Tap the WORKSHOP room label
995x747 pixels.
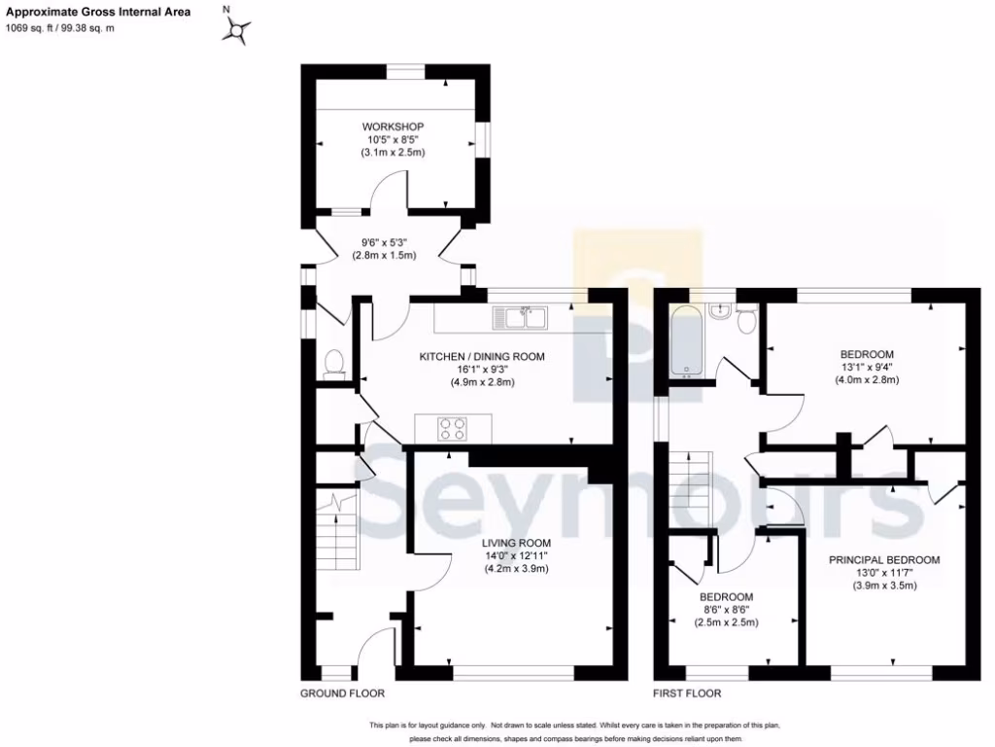click(x=393, y=126)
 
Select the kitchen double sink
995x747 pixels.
click(x=521, y=317)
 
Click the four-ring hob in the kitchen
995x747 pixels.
click(x=453, y=428)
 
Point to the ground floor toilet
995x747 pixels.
click(x=333, y=362)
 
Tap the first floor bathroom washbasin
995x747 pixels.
click(x=720, y=310)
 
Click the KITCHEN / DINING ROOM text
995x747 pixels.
click(x=482, y=357)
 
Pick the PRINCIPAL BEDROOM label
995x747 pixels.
click(x=884, y=560)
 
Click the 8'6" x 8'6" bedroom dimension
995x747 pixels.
click(x=728, y=610)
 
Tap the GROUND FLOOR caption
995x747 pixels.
click(x=342, y=694)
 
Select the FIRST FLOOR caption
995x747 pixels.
click(x=687, y=694)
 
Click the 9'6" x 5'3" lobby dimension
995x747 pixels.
click(x=384, y=243)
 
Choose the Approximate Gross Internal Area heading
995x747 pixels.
click(x=99, y=13)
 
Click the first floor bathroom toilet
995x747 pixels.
click(x=746, y=319)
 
